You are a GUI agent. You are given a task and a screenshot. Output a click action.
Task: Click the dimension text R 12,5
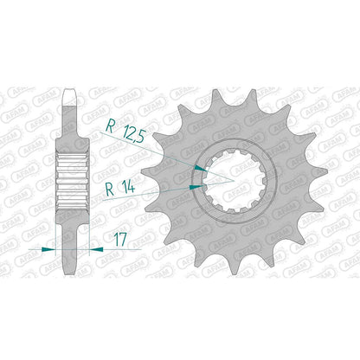(x=124, y=132)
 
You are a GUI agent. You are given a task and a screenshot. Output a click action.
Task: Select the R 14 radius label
(x=120, y=189)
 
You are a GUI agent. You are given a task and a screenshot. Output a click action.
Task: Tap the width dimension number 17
(x=120, y=240)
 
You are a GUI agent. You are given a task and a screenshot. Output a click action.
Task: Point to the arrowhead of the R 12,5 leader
(x=201, y=168)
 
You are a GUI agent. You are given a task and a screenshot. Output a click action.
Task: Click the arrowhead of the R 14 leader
(x=196, y=187)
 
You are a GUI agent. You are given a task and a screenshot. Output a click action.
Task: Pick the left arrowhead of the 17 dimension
(x=48, y=249)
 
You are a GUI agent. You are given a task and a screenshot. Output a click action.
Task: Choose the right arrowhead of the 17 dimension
(x=96, y=248)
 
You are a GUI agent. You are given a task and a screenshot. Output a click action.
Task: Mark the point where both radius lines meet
(x=233, y=181)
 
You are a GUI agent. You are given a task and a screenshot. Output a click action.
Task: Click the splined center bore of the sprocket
(x=233, y=181)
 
